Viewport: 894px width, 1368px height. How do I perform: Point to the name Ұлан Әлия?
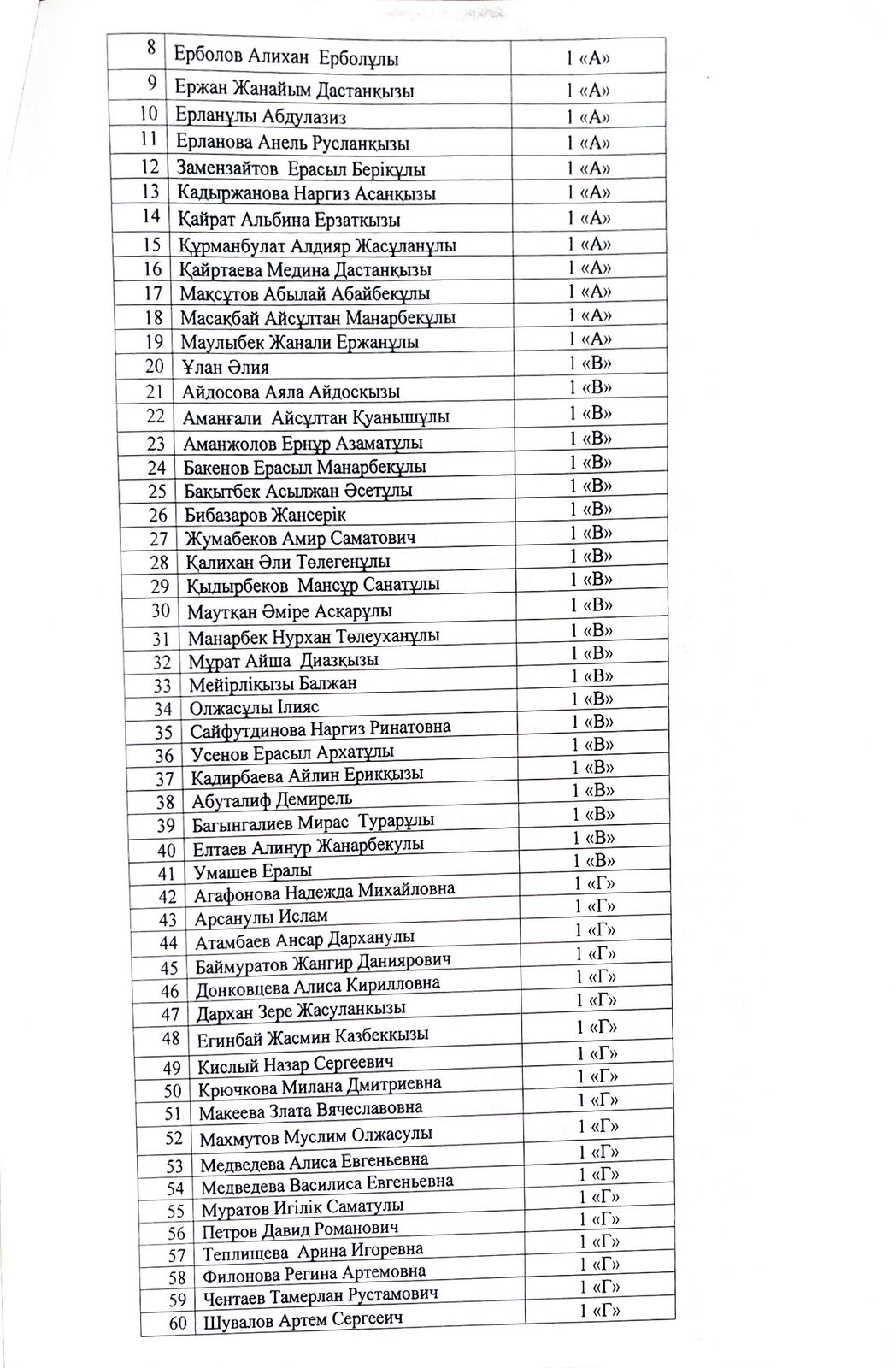(226, 368)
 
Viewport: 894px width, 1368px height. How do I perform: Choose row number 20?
(155, 367)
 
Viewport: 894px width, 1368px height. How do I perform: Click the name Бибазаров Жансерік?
(265, 515)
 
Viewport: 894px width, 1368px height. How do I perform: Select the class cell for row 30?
(591, 605)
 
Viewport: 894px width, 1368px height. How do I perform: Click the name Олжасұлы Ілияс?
(254, 708)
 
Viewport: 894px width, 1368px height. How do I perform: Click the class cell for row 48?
(597, 1027)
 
